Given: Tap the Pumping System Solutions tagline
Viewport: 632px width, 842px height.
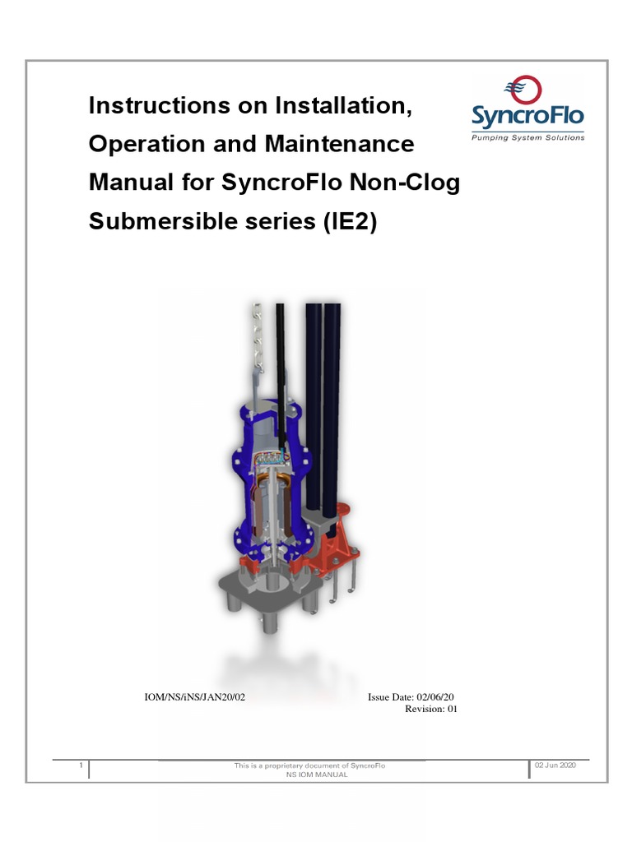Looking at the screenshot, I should [x=527, y=138].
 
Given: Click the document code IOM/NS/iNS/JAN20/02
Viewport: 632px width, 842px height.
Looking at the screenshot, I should [x=195, y=696].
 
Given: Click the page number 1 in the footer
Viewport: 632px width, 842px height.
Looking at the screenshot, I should [x=81, y=766].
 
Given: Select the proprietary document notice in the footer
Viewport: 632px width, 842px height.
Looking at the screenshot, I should [x=309, y=766].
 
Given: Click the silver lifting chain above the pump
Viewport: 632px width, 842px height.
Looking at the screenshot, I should [x=256, y=337].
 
